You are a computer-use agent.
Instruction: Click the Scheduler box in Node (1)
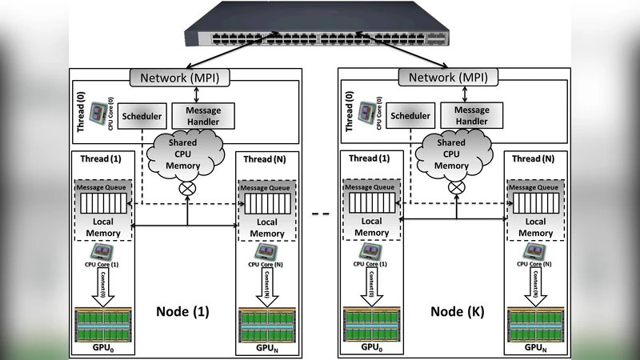(142, 117)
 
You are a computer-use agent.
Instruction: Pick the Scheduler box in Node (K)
(410, 117)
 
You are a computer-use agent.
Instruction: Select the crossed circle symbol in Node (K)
(455, 188)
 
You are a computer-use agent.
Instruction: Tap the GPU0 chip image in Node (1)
(102, 324)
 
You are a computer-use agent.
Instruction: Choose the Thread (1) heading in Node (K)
(370, 158)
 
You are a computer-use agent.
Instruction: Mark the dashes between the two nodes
(320, 214)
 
